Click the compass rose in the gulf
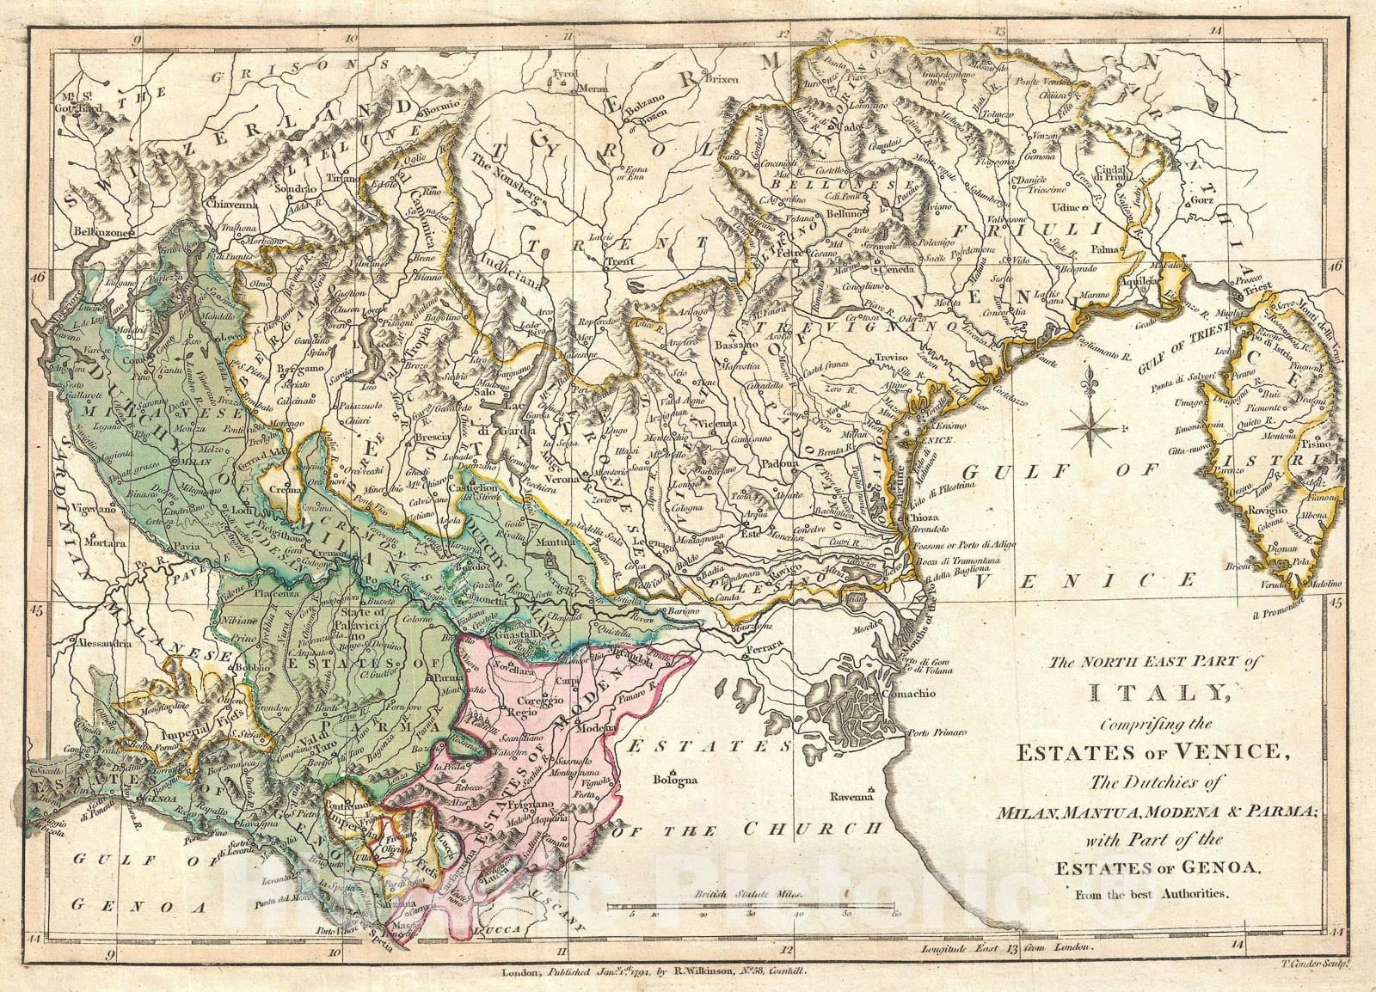(x=1086, y=428)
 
